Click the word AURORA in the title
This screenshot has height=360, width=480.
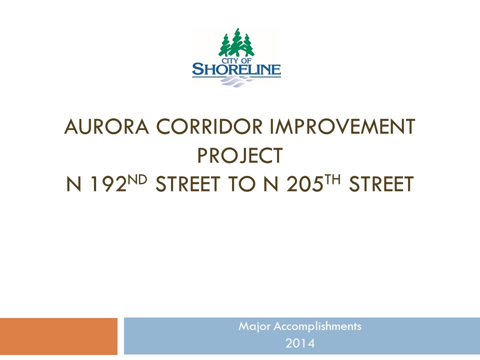[x=106, y=126]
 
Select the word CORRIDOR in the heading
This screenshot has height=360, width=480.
[x=209, y=126]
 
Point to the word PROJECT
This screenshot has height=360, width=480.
[x=239, y=155]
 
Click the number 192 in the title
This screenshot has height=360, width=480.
[x=108, y=184]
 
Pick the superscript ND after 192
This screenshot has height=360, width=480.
[x=137, y=179]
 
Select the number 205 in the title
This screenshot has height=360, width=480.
[x=305, y=184]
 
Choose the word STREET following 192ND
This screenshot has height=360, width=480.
[x=188, y=184]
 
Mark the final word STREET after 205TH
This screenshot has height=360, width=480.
[x=381, y=184]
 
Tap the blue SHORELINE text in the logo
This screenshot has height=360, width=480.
[x=236, y=69]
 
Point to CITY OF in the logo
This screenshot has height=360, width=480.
[x=236, y=60]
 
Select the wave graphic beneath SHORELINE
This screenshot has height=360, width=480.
[x=236, y=81]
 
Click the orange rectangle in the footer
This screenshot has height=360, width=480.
[x=59, y=336]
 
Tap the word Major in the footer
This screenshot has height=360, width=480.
[x=254, y=326]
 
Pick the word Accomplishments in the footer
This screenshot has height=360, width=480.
[x=317, y=326]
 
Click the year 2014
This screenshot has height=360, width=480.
[x=300, y=343]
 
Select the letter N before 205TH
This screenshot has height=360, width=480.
[x=271, y=184]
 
